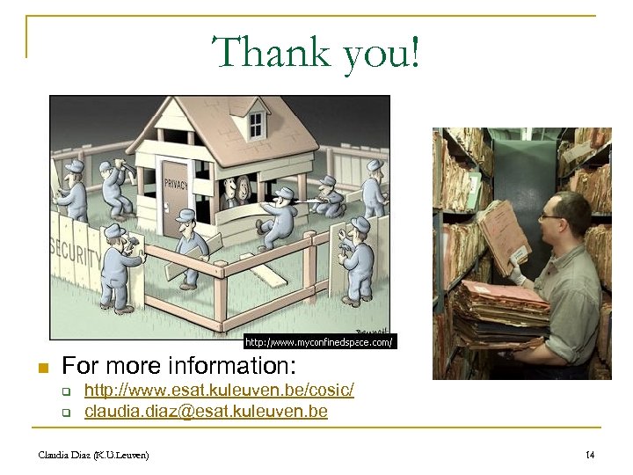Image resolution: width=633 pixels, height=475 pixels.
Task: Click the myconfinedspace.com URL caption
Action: point(318,340)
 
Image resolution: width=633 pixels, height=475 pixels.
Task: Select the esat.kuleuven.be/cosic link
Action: point(219,390)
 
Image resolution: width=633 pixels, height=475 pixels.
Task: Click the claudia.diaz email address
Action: point(206,411)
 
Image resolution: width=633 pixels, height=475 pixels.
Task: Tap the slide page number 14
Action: point(590,454)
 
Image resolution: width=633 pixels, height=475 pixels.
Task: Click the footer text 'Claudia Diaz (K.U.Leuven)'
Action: point(93,454)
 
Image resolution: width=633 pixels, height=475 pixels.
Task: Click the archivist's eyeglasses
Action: point(549,215)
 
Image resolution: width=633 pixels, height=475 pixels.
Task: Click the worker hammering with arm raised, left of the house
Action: point(114,186)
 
